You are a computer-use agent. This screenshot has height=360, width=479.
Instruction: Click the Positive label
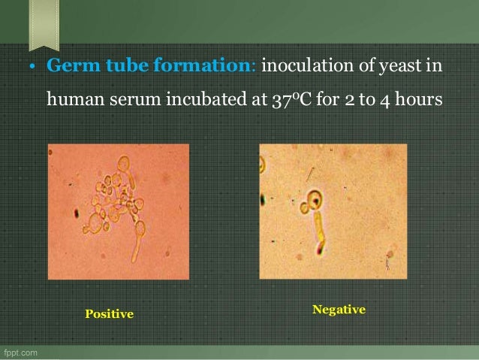pos(109,313)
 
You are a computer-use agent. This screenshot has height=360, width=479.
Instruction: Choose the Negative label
pos(339,309)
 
